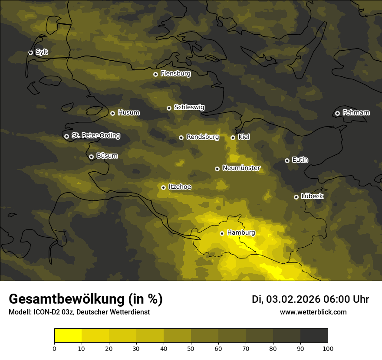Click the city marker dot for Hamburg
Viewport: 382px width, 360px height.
(222, 233)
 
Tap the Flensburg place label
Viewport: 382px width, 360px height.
(175, 74)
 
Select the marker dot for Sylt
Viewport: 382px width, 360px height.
(30, 52)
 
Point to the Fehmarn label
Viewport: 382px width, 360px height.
(356, 113)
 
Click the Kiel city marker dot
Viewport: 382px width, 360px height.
(233, 137)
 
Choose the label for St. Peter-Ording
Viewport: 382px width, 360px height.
(95, 136)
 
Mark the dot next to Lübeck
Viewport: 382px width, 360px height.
(296, 197)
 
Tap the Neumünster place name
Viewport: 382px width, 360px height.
(241, 168)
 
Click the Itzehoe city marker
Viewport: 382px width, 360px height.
(163, 187)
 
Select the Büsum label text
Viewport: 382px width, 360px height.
(107, 156)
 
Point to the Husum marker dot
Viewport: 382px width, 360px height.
(112, 113)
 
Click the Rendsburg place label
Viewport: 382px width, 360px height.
(203, 137)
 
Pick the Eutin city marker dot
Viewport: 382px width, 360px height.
(287, 160)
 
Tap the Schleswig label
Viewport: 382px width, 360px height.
(189, 107)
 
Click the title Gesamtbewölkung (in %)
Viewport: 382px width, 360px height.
(86, 299)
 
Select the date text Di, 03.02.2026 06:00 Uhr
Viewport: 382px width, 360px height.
(310, 299)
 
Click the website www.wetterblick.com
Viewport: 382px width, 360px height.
(313, 312)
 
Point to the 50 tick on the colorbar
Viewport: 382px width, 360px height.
(191, 348)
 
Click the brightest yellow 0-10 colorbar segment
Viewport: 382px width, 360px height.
(68, 336)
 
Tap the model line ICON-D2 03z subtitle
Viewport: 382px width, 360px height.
(79, 312)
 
